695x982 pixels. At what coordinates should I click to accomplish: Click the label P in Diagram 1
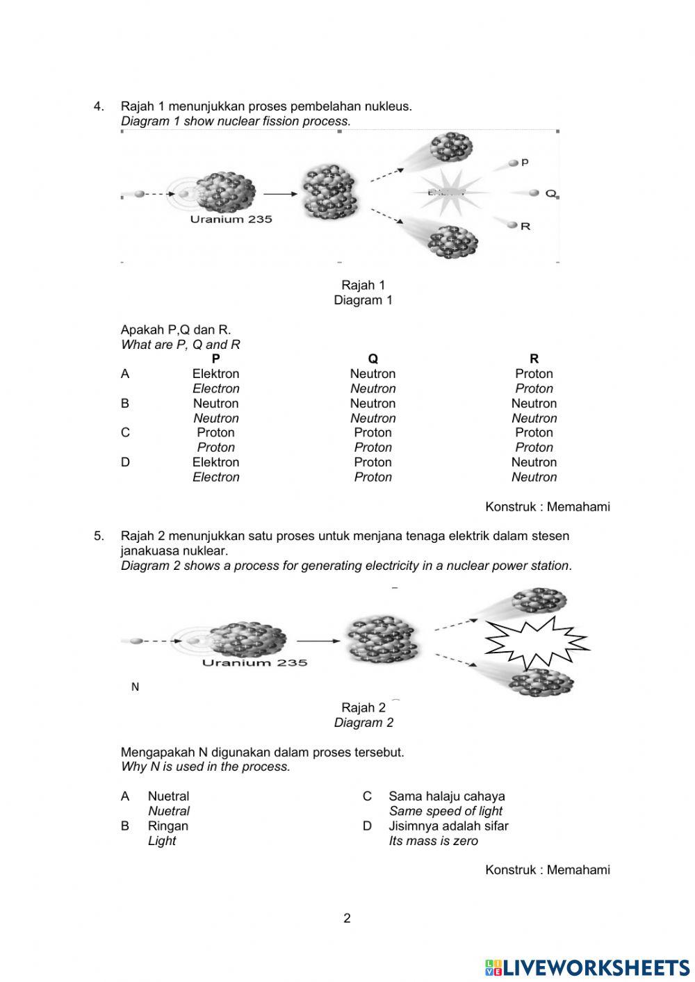525,162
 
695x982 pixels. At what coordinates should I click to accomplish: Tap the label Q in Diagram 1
550,193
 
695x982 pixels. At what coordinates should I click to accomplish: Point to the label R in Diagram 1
525,226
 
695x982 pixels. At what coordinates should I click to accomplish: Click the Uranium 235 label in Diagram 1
231,219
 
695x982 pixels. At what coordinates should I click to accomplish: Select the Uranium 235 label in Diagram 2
254,662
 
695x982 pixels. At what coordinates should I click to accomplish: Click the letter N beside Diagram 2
135,687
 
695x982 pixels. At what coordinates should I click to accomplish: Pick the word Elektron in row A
215,374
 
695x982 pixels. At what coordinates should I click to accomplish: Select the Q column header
373,359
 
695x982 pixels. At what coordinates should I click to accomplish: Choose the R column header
534,359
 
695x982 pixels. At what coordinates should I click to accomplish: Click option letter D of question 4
125,462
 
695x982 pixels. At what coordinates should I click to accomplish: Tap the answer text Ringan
167,826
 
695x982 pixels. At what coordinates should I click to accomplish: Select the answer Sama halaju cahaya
446,796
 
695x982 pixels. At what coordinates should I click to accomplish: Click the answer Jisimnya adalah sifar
448,826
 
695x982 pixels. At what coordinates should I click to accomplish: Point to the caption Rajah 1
363,285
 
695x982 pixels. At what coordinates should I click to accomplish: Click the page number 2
347,918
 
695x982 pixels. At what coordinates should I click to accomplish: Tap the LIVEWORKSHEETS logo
587,967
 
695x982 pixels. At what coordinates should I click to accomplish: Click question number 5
99,536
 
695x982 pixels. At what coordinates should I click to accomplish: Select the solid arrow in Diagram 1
277,194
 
